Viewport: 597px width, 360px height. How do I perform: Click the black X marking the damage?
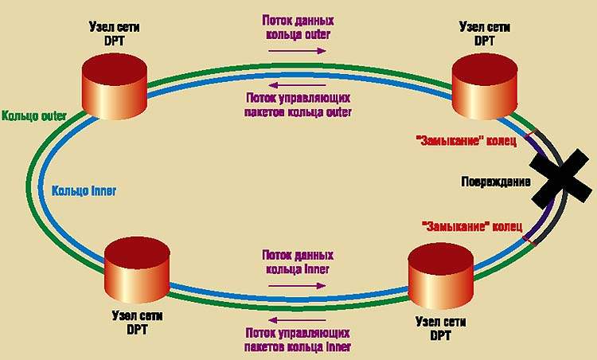[564, 180]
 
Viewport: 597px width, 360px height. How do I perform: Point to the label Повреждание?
[496, 181]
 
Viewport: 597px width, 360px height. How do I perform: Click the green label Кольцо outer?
[34, 116]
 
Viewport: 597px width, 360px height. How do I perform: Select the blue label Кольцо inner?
[81, 191]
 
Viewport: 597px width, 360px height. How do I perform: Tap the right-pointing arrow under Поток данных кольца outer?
[296, 50]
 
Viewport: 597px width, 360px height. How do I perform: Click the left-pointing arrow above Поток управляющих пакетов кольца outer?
[296, 86]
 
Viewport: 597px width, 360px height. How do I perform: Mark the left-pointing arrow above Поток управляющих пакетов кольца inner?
[296, 319]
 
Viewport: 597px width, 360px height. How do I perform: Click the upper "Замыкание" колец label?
[466, 142]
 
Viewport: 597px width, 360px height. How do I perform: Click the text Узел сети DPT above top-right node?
[484, 33]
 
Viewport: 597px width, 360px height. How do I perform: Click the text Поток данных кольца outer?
[296, 29]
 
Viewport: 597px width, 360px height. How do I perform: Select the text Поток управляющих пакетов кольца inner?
[296, 340]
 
